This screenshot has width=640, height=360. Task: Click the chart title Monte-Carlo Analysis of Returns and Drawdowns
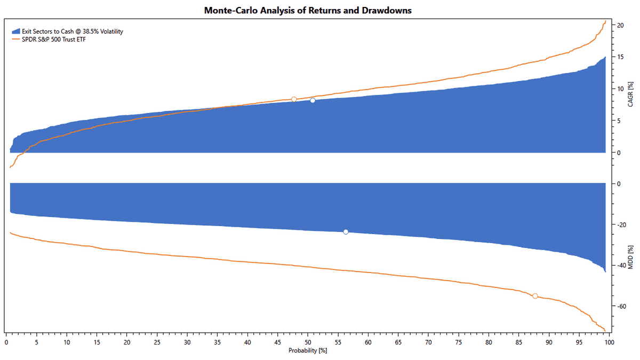click(x=308, y=10)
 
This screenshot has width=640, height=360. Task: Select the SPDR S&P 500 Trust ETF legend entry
click(x=54, y=39)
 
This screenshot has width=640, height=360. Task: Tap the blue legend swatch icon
click(x=16, y=31)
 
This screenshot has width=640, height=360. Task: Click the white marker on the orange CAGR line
click(x=294, y=99)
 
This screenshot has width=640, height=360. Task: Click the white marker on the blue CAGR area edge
click(x=313, y=100)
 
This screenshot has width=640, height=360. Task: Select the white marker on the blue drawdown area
click(x=346, y=231)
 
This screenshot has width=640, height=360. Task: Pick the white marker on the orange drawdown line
click(x=535, y=296)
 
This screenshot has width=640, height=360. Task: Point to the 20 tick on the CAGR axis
click(x=620, y=25)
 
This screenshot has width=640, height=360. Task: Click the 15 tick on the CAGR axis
click(x=620, y=57)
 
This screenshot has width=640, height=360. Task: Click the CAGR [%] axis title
click(x=631, y=94)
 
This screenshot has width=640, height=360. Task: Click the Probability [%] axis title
click(x=308, y=350)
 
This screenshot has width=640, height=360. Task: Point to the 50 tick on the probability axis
click(x=308, y=342)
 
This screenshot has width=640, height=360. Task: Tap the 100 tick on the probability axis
click(x=609, y=342)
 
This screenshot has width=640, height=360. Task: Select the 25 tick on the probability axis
click(x=157, y=342)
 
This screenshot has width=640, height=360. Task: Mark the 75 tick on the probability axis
click(x=459, y=342)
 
